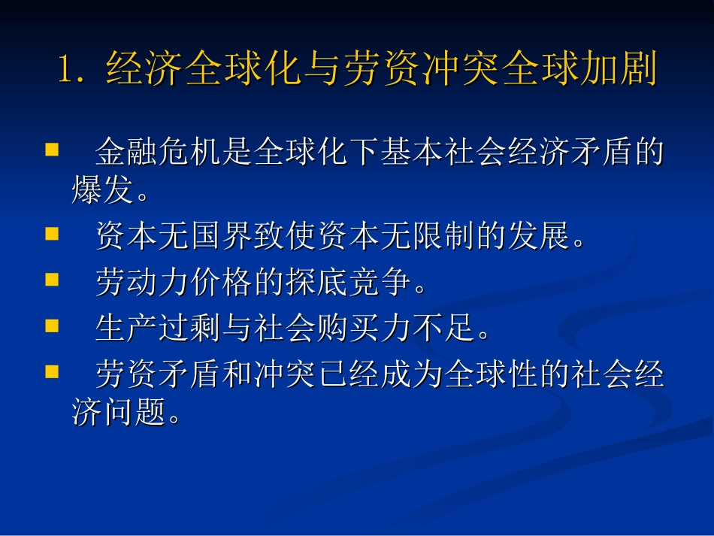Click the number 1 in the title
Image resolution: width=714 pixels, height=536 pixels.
[x=65, y=70]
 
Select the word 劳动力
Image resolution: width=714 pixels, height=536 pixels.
[x=143, y=283]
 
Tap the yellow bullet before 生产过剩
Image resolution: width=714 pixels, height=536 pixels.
[x=52, y=325]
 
